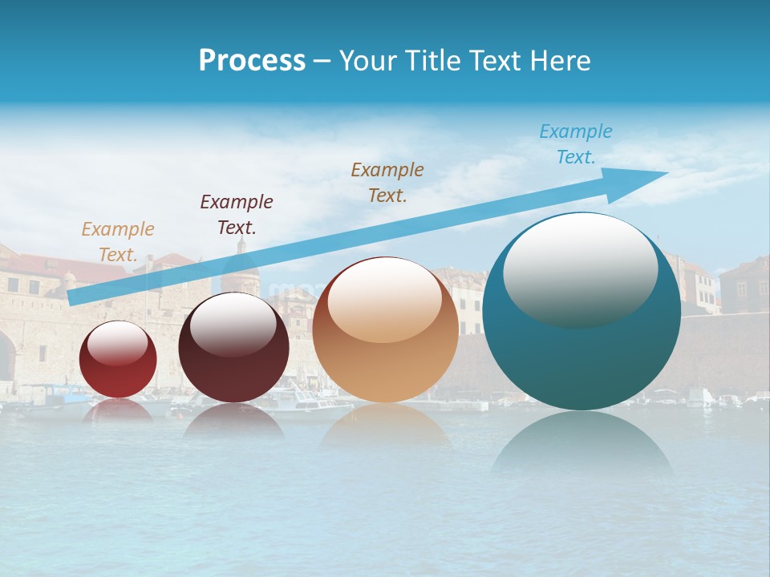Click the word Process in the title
[252, 61]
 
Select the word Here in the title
[560, 61]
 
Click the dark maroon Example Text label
[237, 215]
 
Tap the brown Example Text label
[387, 182]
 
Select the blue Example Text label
[576, 144]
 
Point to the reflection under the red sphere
[119, 410]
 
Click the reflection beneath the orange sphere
[385, 425]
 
